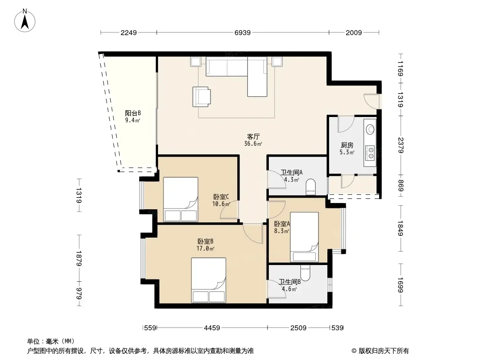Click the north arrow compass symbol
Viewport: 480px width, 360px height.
tap(25, 21)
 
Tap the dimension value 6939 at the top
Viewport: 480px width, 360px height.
tap(242, 33)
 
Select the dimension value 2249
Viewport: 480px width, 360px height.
tap(129, 33)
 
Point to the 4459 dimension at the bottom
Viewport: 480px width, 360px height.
tap(212, 328)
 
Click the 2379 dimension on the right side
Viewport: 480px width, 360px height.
tap(401, 145)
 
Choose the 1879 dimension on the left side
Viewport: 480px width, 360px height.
tap(79, 258)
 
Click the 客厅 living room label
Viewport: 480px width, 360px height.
tap(254, 136)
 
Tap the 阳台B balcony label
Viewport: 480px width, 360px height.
tap(133, 113)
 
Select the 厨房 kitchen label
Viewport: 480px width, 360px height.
tap(347, 145)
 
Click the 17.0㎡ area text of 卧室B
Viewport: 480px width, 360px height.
tap(205, 249)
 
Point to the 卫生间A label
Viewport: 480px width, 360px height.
tap(291, 172)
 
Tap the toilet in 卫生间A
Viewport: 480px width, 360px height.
tap(310, 187)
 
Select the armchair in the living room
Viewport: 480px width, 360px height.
tap(202, 97)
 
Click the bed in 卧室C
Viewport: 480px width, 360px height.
tap(181, 199)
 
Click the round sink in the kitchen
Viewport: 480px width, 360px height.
tap(371, 129)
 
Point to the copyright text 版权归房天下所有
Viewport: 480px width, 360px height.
tap(384, 351)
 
